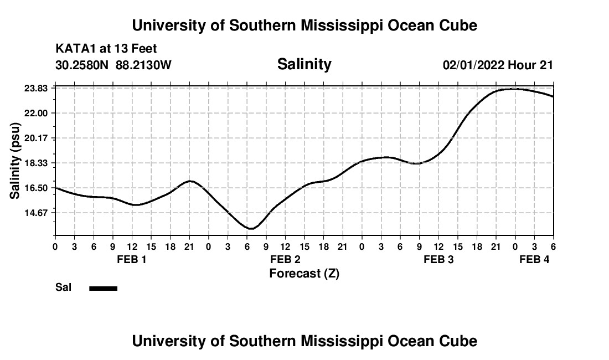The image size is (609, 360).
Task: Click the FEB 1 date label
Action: (132, 260)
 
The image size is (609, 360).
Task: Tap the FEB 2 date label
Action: (285, 260)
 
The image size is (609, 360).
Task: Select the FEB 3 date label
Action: (438, 260)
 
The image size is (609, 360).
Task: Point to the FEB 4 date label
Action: (534, 260)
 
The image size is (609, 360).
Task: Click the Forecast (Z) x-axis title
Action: (304, 274)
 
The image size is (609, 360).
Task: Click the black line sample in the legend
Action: (104, 288)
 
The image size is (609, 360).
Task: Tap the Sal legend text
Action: (63, 287)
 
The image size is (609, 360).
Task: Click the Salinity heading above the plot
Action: (304, 64)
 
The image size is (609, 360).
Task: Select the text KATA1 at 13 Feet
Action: (106, 49)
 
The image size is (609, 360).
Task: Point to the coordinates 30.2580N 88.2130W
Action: (113, 65)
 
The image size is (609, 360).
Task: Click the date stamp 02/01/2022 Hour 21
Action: (498, 65)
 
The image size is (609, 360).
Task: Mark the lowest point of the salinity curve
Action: (251, 228)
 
